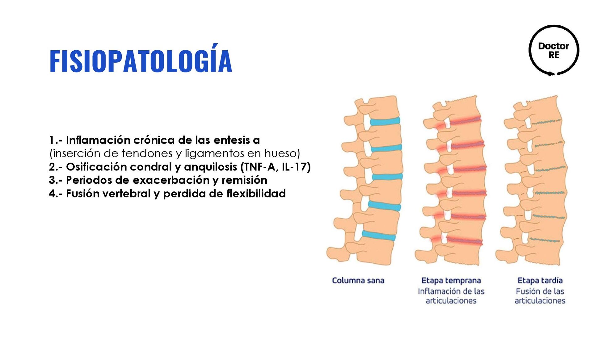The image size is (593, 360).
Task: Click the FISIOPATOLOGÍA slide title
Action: click(141, 61)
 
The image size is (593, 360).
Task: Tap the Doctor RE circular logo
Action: click(553, 50)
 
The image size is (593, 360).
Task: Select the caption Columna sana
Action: click(358, 280)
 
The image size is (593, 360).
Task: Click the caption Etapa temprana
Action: click(451, 280)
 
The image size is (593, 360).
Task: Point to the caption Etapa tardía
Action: click(540, 280)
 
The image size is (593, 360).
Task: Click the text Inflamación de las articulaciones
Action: click(451, 296)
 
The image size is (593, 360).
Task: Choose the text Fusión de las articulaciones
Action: click(540, 296)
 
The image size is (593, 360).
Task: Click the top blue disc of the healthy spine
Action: click(385, 121)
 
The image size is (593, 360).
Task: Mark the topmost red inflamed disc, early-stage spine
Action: click(465, 121)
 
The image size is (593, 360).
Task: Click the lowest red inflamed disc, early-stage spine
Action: click(465, 241)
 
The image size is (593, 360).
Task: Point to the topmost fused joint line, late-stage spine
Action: click(546, 122)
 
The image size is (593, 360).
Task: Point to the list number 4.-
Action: click(55, 194)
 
